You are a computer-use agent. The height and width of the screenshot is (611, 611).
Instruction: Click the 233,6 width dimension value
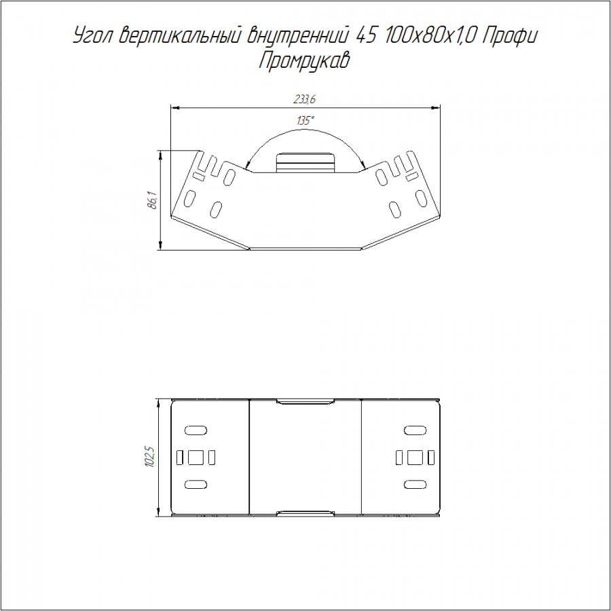pyautogui.click(x=305, y=99)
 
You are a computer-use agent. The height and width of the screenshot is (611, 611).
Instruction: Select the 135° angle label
pyautogui.click(x=305, y=121)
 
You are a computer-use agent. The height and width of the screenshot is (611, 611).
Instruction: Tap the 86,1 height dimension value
pyautogui.click(x=153, y=200)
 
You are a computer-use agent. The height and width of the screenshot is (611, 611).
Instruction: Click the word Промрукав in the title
pyautogui.click(x=304, y=62)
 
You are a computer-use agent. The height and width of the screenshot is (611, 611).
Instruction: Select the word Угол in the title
pyautogui.click(x=94, y=37)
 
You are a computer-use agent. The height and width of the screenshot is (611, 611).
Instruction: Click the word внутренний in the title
pyautogui.click(x=296, y=36)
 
